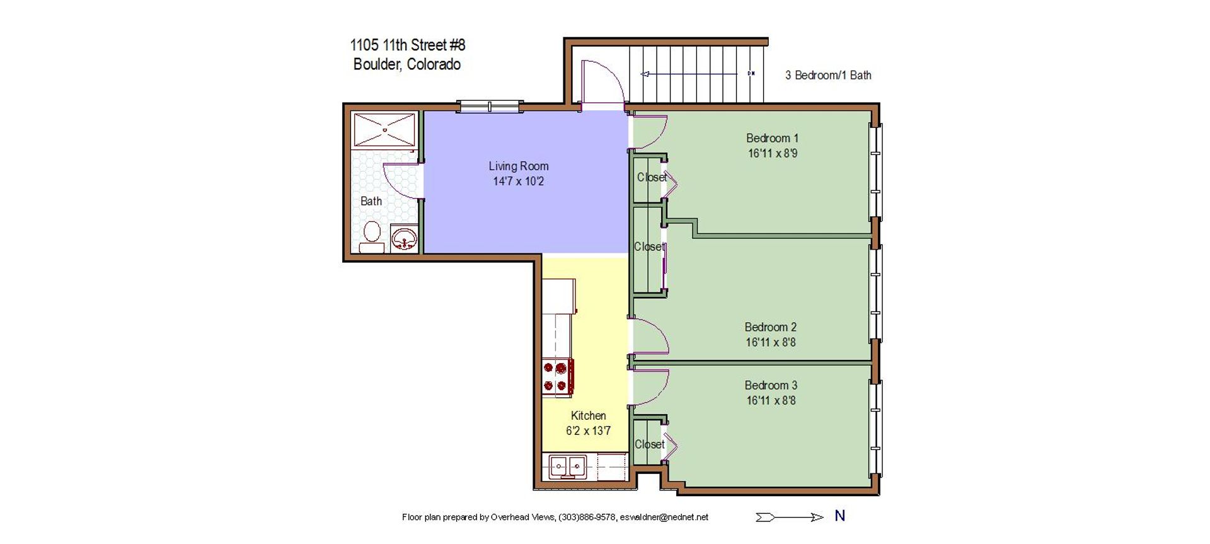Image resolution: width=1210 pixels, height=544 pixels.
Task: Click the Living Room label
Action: [x=519, y=166]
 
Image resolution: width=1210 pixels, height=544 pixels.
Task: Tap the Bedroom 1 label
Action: [x=772, y=138]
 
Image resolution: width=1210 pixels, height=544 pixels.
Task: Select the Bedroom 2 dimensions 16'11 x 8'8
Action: [x=771, y=342]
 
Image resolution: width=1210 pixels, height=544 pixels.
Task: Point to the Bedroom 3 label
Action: [x=771, y=385]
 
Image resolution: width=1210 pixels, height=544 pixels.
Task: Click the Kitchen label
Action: [x=588, y=415]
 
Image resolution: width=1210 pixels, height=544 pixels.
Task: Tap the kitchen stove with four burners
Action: [x=558, y=377]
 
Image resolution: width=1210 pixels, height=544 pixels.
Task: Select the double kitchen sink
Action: [x=567, y=467]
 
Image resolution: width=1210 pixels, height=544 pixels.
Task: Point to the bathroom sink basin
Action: [x=403, y=239]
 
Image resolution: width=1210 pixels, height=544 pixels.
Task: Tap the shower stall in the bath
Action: [x=384, y=130]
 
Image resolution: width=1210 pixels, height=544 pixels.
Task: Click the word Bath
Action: [x=371, y=201]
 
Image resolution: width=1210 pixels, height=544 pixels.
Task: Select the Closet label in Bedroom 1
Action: [x=652, y=178]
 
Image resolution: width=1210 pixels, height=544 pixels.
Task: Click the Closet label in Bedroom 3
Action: [x=650, y=444]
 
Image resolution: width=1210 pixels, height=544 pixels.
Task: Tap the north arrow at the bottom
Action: [x=790, y=518]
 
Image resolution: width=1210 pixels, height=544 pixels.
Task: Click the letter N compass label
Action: [x=839, y=516]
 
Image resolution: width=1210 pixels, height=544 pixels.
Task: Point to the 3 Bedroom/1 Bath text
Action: [x=828, y=75]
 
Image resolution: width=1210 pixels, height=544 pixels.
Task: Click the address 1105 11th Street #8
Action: [x=408, y=45]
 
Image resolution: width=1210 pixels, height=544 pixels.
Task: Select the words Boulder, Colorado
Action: [x=407, y=64]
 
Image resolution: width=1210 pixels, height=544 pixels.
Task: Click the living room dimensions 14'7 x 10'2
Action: [x=518, y=182]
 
